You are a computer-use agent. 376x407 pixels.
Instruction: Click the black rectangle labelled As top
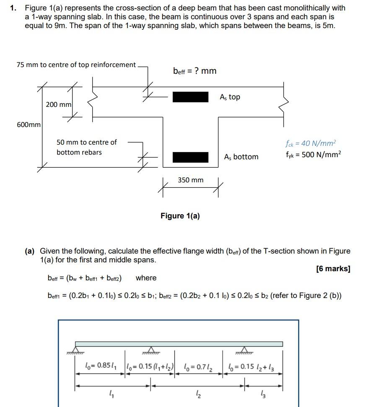[x=190, y=97]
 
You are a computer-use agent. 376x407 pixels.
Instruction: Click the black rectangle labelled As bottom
[x=190, y=157]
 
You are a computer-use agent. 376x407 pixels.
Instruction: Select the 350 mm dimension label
[x=190, y=180]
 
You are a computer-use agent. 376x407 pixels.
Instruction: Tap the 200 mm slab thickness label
[x=59, y=104]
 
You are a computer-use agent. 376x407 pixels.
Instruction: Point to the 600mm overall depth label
[x=29, y=124]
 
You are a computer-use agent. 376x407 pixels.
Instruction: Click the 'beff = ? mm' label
[x=194, y=71]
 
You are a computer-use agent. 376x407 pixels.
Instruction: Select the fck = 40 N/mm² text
[x=311, y=143]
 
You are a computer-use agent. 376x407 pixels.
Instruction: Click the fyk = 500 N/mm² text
[x=313, y=154]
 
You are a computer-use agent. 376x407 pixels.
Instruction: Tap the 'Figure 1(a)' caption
[x=180, y=216]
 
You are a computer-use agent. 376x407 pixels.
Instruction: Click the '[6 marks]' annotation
[x=333, y=269]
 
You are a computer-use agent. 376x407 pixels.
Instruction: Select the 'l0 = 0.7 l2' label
[x=198, y=367]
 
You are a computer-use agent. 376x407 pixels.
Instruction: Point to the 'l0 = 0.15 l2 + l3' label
[x=251, y=367]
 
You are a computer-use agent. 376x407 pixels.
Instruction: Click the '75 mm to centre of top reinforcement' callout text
[x=76, y=65]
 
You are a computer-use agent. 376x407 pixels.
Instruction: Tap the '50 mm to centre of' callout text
[x=87, y=142]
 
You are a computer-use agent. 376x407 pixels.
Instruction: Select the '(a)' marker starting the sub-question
[x=29, y=251]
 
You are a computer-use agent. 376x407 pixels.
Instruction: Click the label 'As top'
[x=230, y=97]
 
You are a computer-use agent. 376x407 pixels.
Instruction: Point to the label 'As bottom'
[x=241, y=157]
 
